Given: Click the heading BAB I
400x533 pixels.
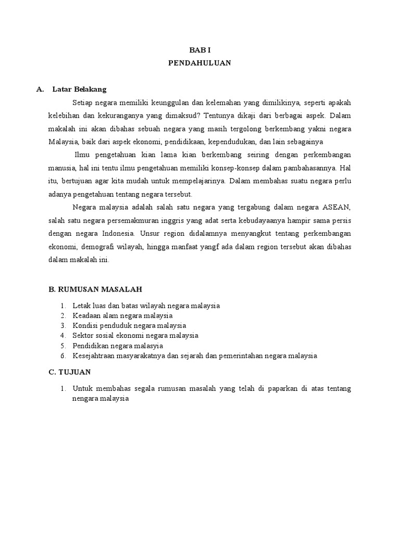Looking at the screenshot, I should click(x=199, y=49).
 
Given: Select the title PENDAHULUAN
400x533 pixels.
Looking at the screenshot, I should click(x=199, y=63).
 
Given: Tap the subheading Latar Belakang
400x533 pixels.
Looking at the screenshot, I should click(x=79, y=90).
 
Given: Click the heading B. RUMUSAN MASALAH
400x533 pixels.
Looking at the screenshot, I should click(x=95, y=289).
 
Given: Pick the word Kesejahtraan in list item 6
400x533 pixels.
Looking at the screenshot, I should click(x=92, y=356).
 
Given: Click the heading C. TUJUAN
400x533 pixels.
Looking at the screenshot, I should click(x=69, y=372).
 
